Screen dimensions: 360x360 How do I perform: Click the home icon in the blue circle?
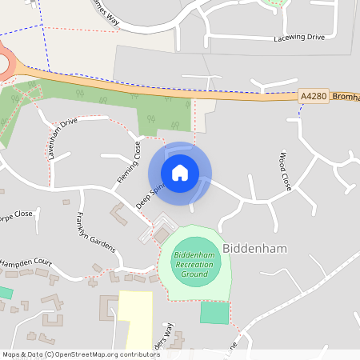tap(180, 172)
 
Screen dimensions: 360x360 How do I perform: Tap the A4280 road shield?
tap(314, 96)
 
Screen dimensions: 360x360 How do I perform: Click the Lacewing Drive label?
tap(299, 38)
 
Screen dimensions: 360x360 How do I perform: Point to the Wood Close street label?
tap(286, 170)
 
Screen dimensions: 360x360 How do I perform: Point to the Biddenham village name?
tap(254, 249)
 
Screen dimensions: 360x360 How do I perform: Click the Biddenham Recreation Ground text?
tap(195, 264)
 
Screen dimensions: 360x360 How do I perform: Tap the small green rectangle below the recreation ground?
tap(214, 312)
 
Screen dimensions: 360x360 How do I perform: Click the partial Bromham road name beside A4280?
tap(346, 96)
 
